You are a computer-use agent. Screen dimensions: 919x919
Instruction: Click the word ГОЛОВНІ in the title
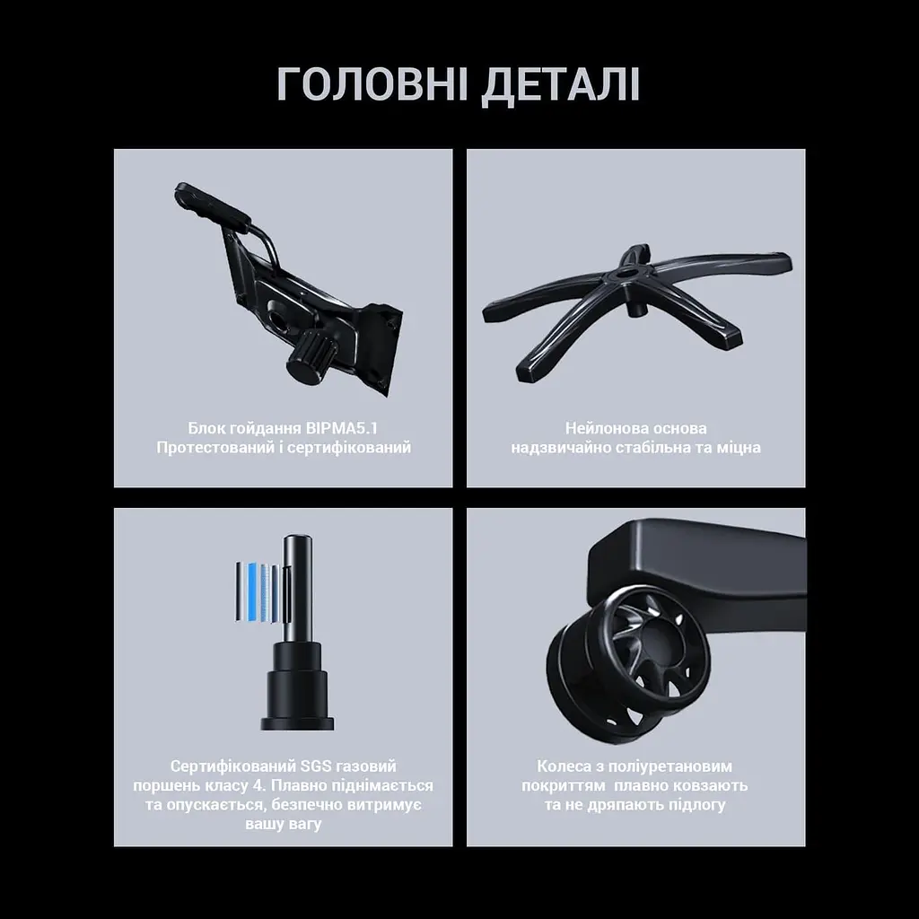[372, 85]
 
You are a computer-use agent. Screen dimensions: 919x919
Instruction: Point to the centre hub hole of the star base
[630, 273]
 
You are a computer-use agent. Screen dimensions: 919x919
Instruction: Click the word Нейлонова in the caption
[604, 428]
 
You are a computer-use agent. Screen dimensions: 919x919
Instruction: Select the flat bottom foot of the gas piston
[297, 723]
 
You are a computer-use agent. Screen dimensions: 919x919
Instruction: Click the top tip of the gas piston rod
[297, 537]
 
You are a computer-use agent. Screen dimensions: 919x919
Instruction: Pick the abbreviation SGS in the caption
[316, 766]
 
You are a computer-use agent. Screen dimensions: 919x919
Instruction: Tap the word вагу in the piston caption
[305, 825]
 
